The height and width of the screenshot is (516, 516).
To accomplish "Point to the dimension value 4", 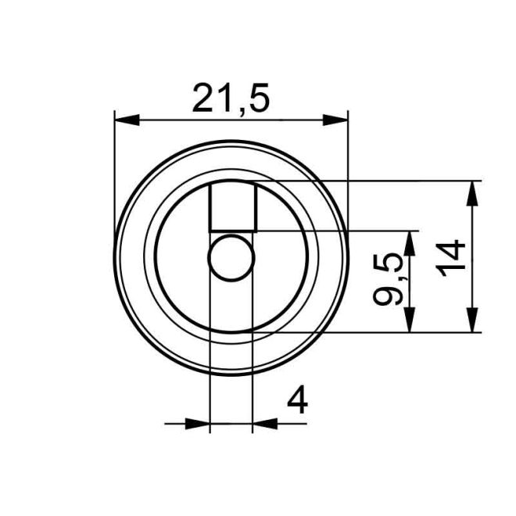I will [x=297, y=401].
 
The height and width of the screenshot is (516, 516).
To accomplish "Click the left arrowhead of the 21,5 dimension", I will [x=126, y=120].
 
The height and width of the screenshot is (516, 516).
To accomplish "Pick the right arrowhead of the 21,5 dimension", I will [x=336, y=120].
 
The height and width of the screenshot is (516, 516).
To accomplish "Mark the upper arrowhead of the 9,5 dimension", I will [x=409, y=242].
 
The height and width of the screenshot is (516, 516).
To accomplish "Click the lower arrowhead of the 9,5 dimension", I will [x=409, y=321].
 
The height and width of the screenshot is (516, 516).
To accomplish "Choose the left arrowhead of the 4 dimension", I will [x=200, y=424].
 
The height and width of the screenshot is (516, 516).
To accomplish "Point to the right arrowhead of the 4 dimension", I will [x=263, y=424].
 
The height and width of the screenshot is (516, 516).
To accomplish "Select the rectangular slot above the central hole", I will [x=233, y=206].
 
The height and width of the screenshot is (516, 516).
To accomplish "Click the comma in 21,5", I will [x=241, y=110].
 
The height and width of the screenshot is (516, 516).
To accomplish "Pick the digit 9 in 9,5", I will [x=389, y=296].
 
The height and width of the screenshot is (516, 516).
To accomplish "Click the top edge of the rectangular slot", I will [x=233, y=182].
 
